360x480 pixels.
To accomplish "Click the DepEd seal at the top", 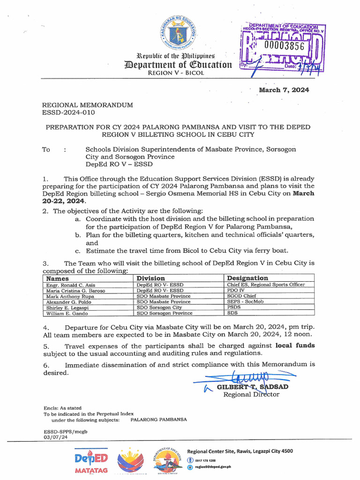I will [180, 32].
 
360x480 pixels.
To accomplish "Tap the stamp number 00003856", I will [284, 45].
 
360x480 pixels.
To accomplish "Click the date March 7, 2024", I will [284, 90].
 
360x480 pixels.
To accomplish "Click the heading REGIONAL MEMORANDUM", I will [88, 105].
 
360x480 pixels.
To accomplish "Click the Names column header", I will [58, 278].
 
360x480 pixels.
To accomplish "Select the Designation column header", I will [247, 278].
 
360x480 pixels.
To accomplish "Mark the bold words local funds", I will [295, 345].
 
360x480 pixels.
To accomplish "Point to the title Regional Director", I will [251, 394].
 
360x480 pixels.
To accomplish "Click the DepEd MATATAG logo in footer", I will [91, 461].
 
